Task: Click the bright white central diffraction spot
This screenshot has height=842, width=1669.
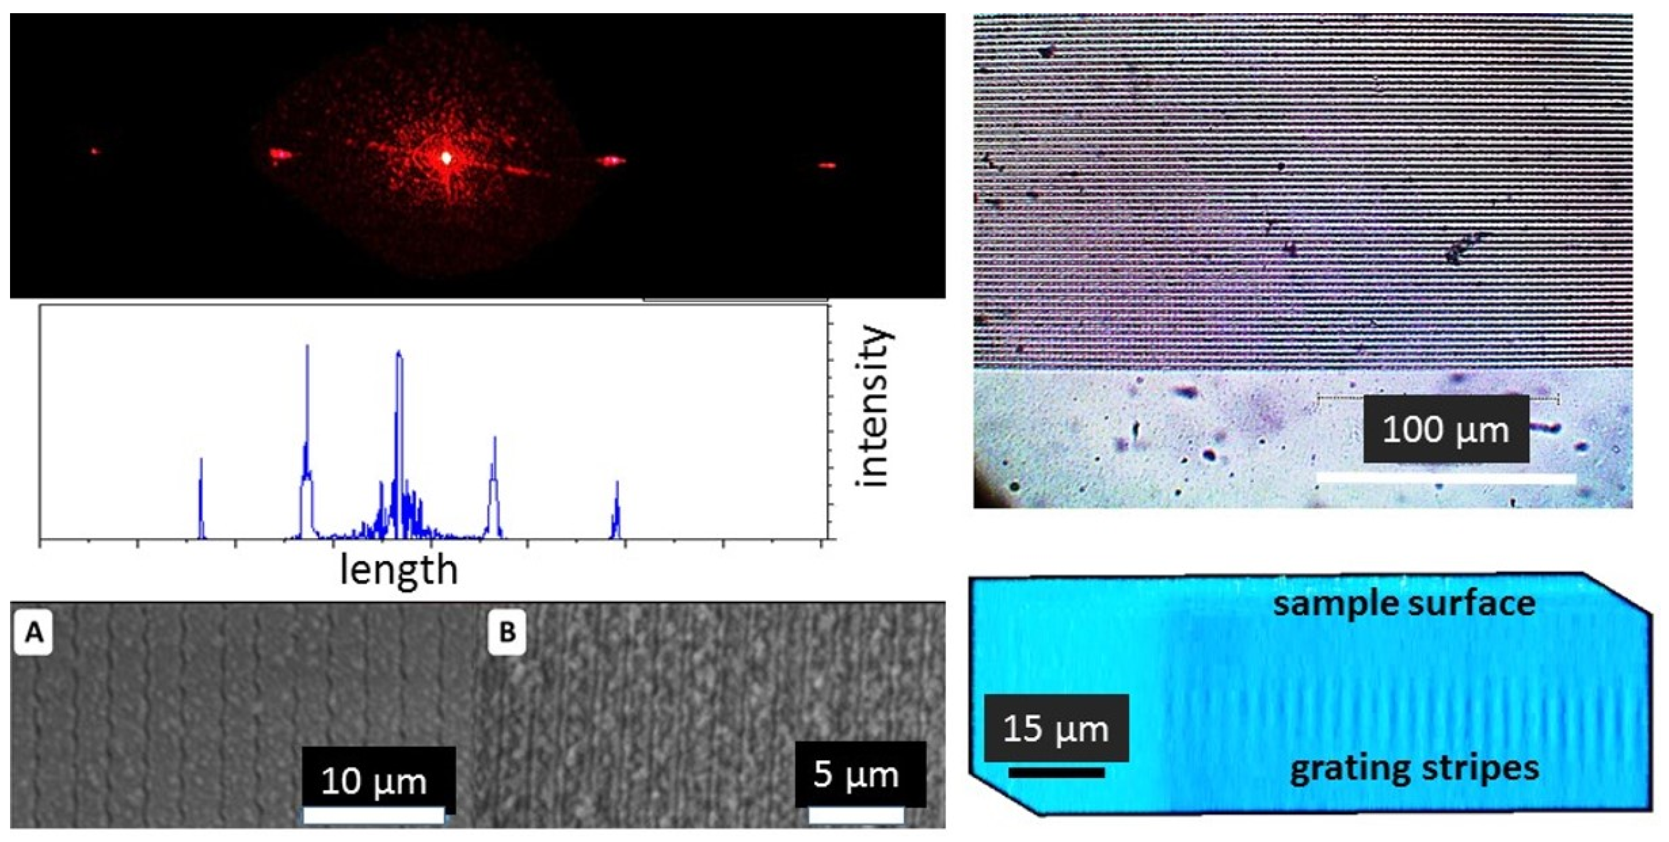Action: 447,157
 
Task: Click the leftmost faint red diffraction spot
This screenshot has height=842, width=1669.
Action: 95,152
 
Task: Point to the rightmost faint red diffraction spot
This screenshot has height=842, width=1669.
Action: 827,166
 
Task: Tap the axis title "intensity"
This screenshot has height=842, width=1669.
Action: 875,407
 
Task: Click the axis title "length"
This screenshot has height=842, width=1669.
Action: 398,570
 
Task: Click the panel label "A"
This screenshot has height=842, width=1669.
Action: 33,633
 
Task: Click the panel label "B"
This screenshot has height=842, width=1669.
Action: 507,632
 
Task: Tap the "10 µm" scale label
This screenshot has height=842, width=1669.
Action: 374,781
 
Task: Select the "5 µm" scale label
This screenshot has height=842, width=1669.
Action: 856,775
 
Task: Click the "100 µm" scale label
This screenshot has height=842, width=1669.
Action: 1446,429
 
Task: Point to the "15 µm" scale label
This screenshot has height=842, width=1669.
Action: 1056,729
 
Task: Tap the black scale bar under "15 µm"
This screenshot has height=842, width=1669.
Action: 1056,772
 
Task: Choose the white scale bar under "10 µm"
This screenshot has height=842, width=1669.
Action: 374,816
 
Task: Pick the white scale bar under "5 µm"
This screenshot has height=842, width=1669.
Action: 856,815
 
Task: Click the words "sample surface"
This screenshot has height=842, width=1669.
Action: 1404,604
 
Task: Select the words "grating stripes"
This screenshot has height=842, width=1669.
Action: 1414,769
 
